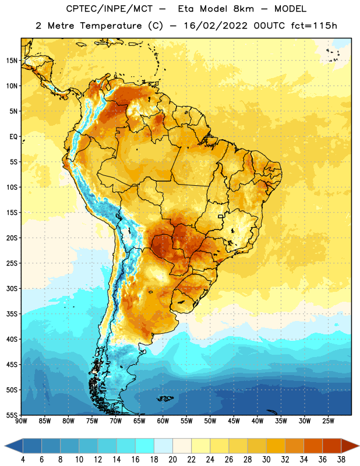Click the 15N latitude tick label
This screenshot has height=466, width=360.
coord(12,61)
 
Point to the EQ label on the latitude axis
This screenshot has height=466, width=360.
coord(13,137)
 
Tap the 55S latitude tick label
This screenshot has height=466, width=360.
coord(12,415)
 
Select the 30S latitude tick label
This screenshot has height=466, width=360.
coord(12,288)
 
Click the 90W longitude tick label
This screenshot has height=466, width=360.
coord(21,421)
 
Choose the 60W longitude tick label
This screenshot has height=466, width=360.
coord(163,421)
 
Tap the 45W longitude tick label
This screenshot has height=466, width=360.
coord(234,421)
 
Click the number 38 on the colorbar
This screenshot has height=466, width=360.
coord(341,460)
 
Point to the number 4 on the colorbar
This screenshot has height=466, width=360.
coord(23,460)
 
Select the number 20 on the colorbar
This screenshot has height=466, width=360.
coord(172,460)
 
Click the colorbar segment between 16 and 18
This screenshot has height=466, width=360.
coord(145,446)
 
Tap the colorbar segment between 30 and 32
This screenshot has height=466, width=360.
coord(276,446)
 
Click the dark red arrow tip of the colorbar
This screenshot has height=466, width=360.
coord(359,446)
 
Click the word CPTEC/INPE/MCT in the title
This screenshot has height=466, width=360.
coord(110,9)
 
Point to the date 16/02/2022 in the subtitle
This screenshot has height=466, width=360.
coord(216,26)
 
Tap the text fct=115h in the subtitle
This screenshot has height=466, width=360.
coord(314,26)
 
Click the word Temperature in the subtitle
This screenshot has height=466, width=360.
coord(111,26)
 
